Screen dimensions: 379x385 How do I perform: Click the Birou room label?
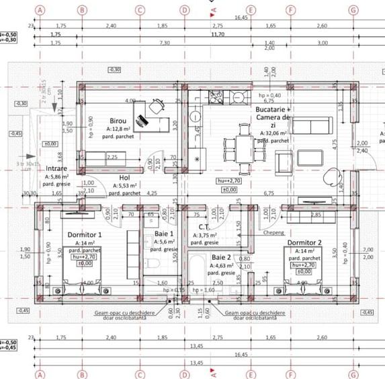tap(118, 121)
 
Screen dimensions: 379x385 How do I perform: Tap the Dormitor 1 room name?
tap(85, 235)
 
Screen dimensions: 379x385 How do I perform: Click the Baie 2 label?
tap(222, 258)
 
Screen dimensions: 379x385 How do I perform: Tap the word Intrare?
tap(57, 169)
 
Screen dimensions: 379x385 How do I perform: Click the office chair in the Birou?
tap(157, 106)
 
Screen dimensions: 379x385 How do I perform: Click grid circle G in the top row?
tap(353, 10)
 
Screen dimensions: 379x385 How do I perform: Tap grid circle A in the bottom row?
tap(40, 372)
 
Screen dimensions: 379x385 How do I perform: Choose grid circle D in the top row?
tap(185, 10)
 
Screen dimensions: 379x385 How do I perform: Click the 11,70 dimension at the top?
tap(217, 34)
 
